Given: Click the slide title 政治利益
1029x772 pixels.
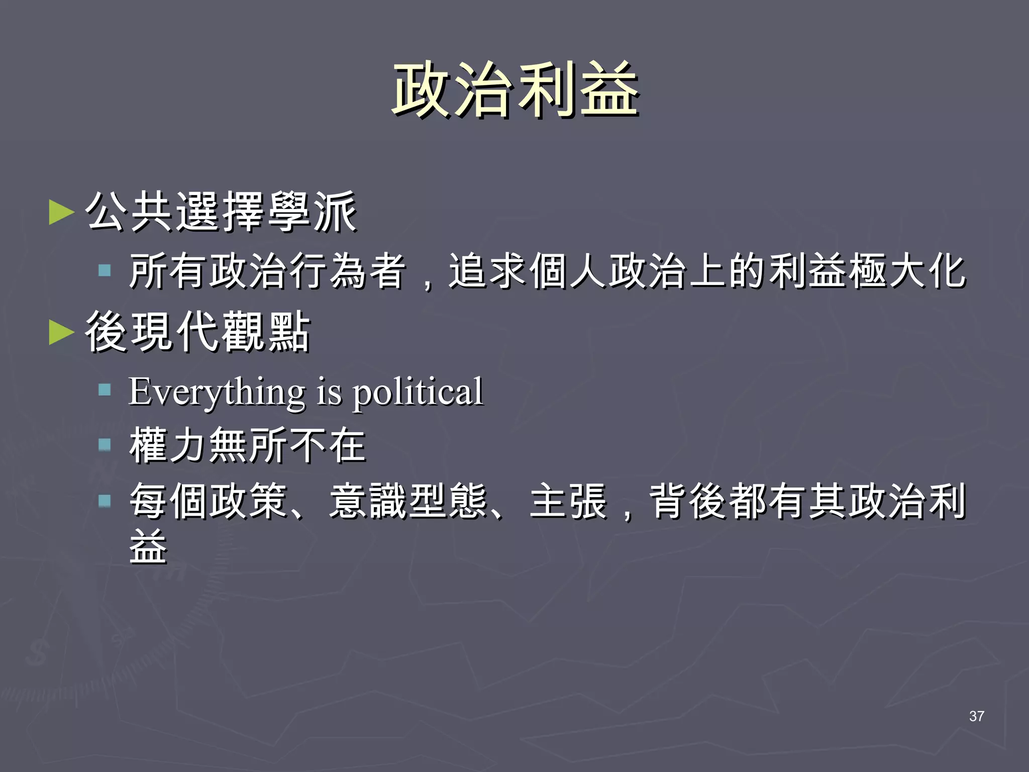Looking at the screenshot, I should (515, 90).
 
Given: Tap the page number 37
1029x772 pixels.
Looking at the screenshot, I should (976, 716).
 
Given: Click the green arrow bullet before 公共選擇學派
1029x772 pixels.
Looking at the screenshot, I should (61, 212).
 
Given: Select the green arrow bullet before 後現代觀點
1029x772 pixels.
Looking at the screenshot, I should (61, 332).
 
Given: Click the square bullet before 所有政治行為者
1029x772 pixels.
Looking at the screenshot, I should (105, 271).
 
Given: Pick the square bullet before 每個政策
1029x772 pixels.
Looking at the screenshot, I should (105, 501).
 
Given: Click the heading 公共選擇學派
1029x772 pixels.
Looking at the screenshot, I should (221, 212).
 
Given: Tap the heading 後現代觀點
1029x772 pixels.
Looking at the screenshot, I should (198, 332).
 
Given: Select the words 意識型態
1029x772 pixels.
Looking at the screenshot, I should (408, 501).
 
